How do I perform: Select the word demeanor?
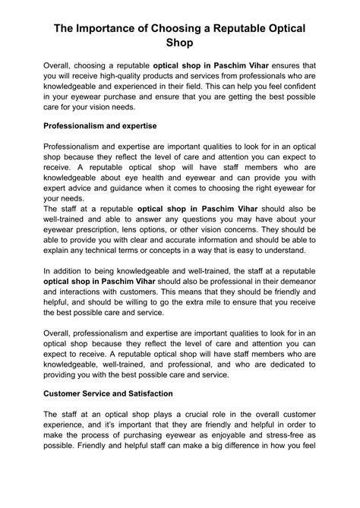click(295, 281)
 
